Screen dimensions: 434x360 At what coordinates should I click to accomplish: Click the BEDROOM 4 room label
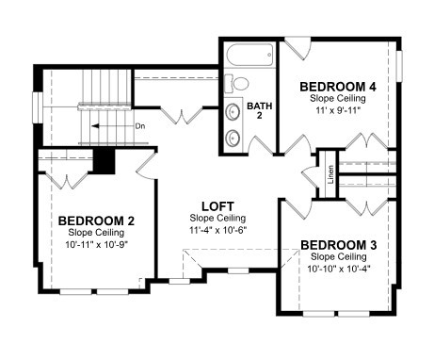point(338,87)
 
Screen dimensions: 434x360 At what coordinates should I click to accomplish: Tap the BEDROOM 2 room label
point(96,221)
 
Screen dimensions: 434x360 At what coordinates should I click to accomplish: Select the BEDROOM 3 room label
point(338,245)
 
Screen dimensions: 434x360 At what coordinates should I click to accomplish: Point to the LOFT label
point(217,206)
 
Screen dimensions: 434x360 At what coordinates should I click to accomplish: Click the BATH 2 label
point(259,110)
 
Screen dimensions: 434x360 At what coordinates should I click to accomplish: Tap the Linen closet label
point(330,174)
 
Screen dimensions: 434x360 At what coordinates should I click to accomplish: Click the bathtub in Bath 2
point(249,55)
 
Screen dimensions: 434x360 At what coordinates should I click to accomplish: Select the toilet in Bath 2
point(236,84)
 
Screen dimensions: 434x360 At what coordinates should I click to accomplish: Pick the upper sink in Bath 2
point(233,111)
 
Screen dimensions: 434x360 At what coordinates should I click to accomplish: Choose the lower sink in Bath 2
point(233,138)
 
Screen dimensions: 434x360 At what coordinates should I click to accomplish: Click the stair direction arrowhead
point(95,126)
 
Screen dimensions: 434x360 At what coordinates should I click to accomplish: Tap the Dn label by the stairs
point(140,126)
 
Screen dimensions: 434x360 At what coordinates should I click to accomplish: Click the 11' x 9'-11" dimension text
point(337,110)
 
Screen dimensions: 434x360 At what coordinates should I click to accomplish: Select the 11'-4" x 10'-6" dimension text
point(218,230)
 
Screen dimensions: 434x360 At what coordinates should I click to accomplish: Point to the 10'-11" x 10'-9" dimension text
point(96,244)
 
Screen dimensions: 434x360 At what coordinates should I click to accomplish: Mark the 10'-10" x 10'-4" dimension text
point(339,269)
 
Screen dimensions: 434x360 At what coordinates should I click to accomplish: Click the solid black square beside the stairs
point(104,160)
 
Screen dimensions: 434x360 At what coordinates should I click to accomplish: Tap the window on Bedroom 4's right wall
point(399,66)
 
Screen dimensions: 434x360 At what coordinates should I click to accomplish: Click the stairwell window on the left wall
point(38,107)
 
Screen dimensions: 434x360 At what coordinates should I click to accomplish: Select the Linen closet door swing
point(309,177)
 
